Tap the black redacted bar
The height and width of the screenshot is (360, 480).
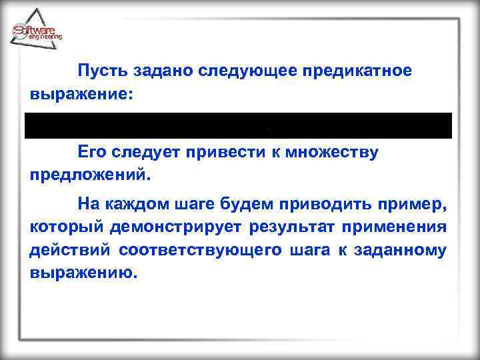(238, 125)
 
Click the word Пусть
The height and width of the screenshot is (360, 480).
(99, 71)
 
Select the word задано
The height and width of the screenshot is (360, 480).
(158, 71)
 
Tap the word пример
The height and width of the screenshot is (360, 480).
(411, 203)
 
